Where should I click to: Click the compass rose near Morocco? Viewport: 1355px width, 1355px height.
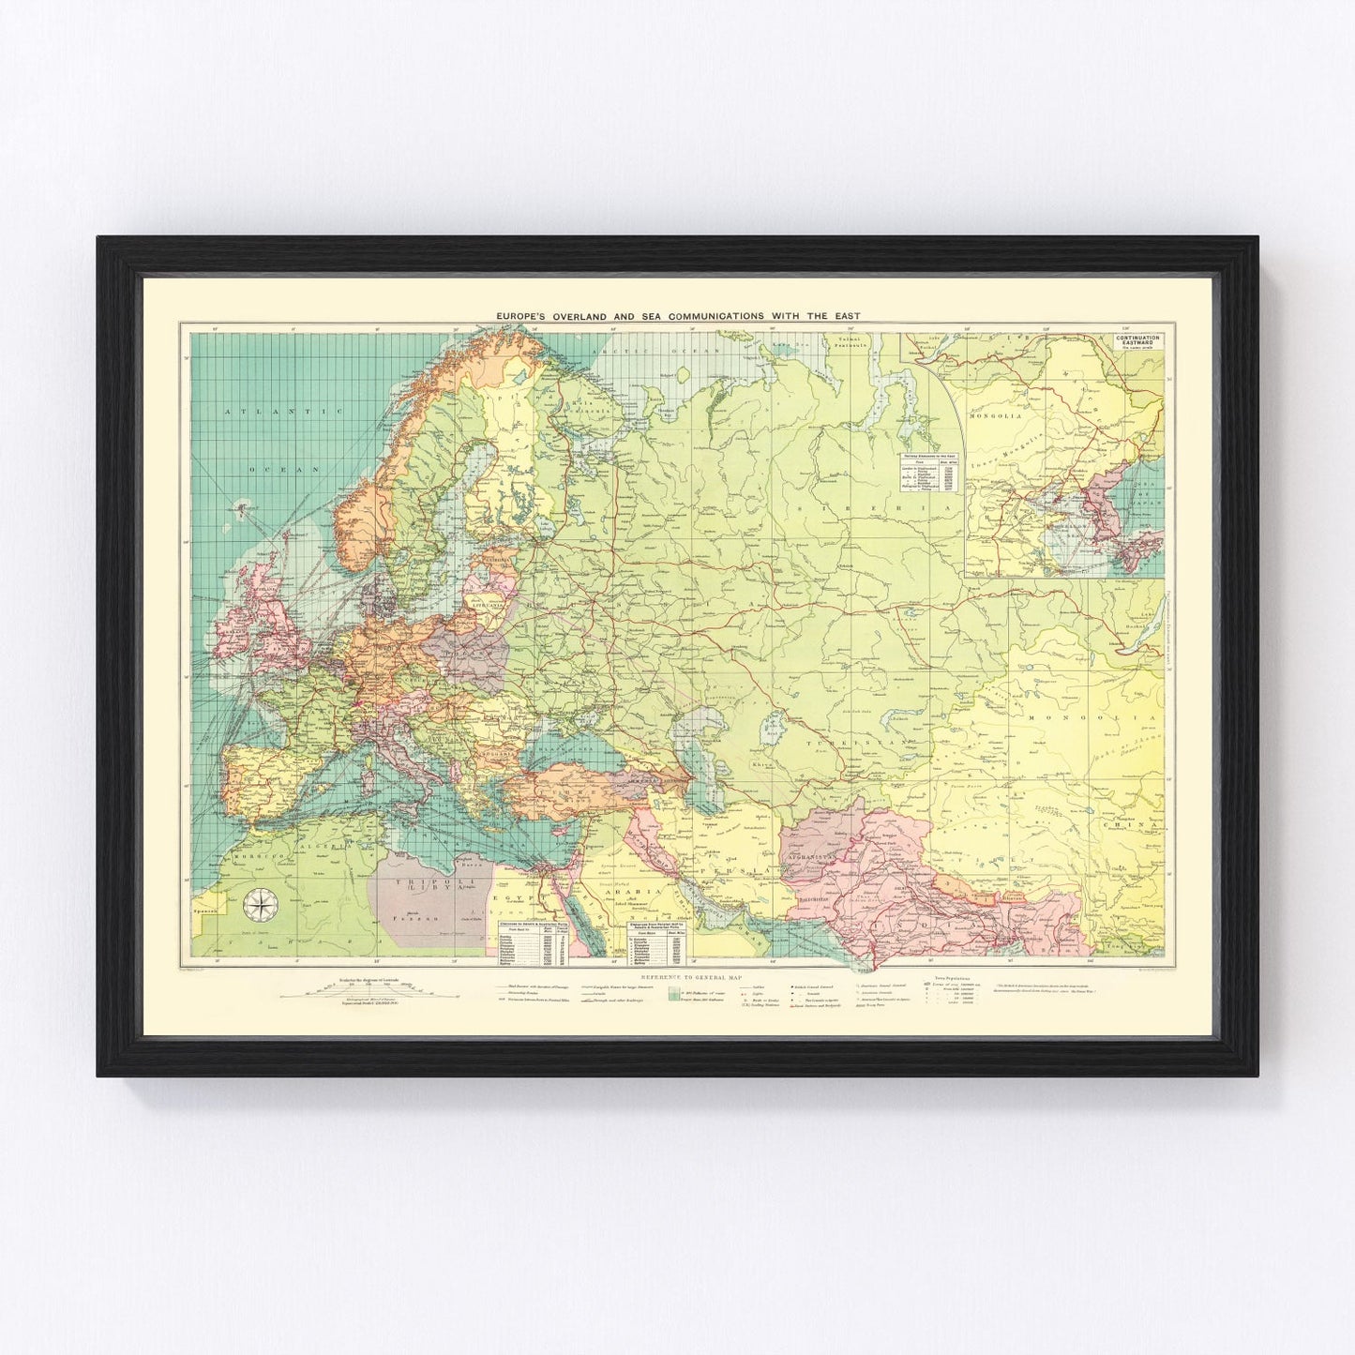tap(256, 905)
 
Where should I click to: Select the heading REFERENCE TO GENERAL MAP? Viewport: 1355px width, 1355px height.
tap(676, 975)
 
